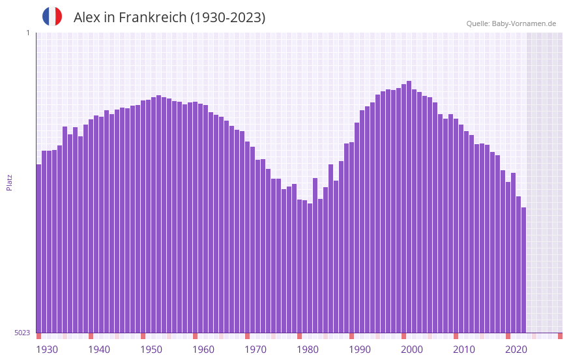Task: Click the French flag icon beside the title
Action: point(52,16)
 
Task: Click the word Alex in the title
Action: point(88,18)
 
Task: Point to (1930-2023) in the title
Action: point(227,18)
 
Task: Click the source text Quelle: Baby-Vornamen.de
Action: point(511,23)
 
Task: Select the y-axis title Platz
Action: point(9,182)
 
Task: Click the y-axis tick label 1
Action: point(27,33)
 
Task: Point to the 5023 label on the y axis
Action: point(22,333)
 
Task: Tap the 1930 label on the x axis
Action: point(47,350)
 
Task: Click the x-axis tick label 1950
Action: point(151,350)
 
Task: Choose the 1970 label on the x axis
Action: point(255,350)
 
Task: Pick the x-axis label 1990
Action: point(360,350)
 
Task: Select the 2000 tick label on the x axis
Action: point(412,350)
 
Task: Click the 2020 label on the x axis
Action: point(516,350)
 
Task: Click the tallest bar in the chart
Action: point(409,209)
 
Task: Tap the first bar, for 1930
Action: point(39,248)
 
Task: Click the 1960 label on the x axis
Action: point(203,350)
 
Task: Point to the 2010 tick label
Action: point(464,350)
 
